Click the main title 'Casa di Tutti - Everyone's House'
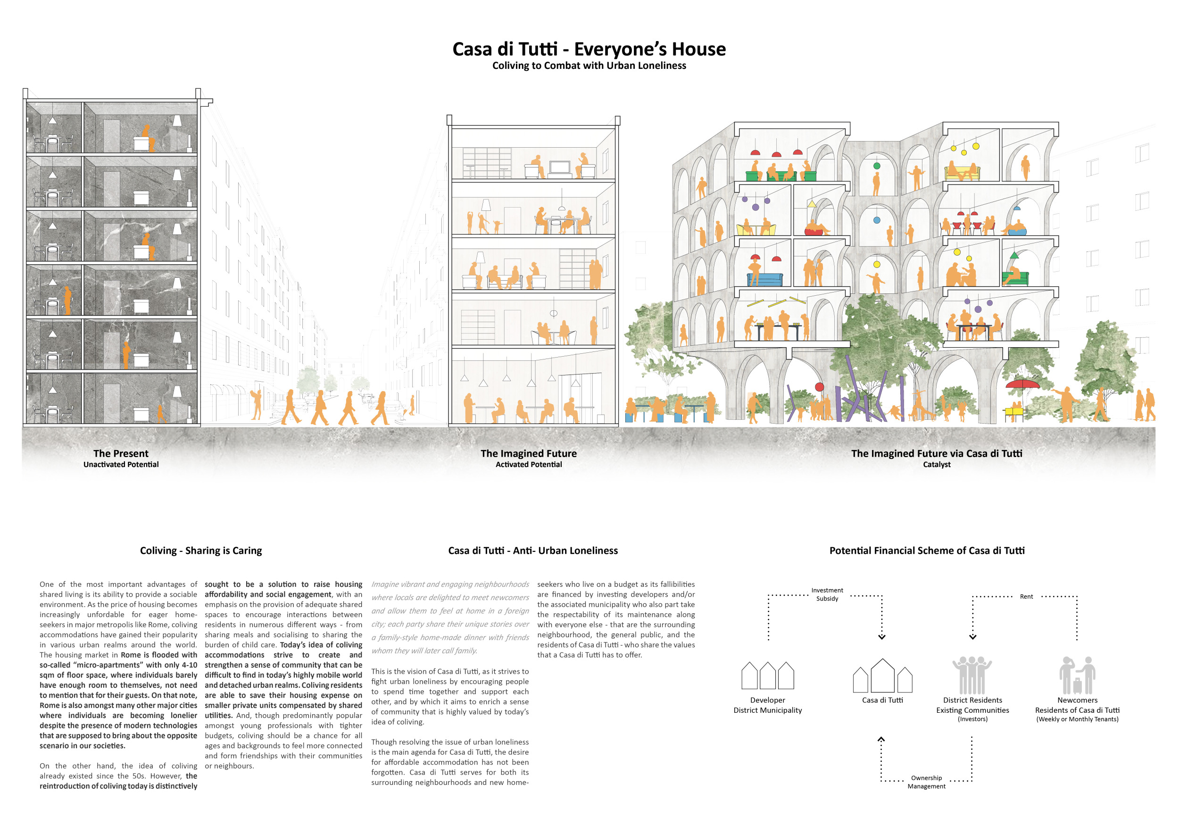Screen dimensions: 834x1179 click(589, 50)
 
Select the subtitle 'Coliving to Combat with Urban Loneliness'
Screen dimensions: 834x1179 click(589, 66)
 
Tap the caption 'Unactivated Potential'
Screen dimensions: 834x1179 click(121, 464)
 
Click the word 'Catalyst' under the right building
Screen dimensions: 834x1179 click(937, 464)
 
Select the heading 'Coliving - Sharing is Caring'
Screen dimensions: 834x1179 click(201, 550)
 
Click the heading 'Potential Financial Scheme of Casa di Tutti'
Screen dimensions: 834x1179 click(927, 550)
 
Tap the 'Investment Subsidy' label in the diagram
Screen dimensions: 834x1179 click(827, 594)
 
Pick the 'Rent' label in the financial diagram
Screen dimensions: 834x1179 click(1026, 596)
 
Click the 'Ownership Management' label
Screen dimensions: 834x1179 click(926, 782)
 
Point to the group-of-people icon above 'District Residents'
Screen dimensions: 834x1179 click(972, 676)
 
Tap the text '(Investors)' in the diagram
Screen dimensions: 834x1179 click(972, 719)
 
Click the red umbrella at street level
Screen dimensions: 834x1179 click(1022, 384)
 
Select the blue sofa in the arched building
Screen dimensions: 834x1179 click(765, 279)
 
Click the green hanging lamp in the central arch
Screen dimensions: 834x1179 click(877, 166)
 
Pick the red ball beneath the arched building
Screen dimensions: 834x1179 click(819, 387)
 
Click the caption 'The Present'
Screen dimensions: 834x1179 click(121, 453)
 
